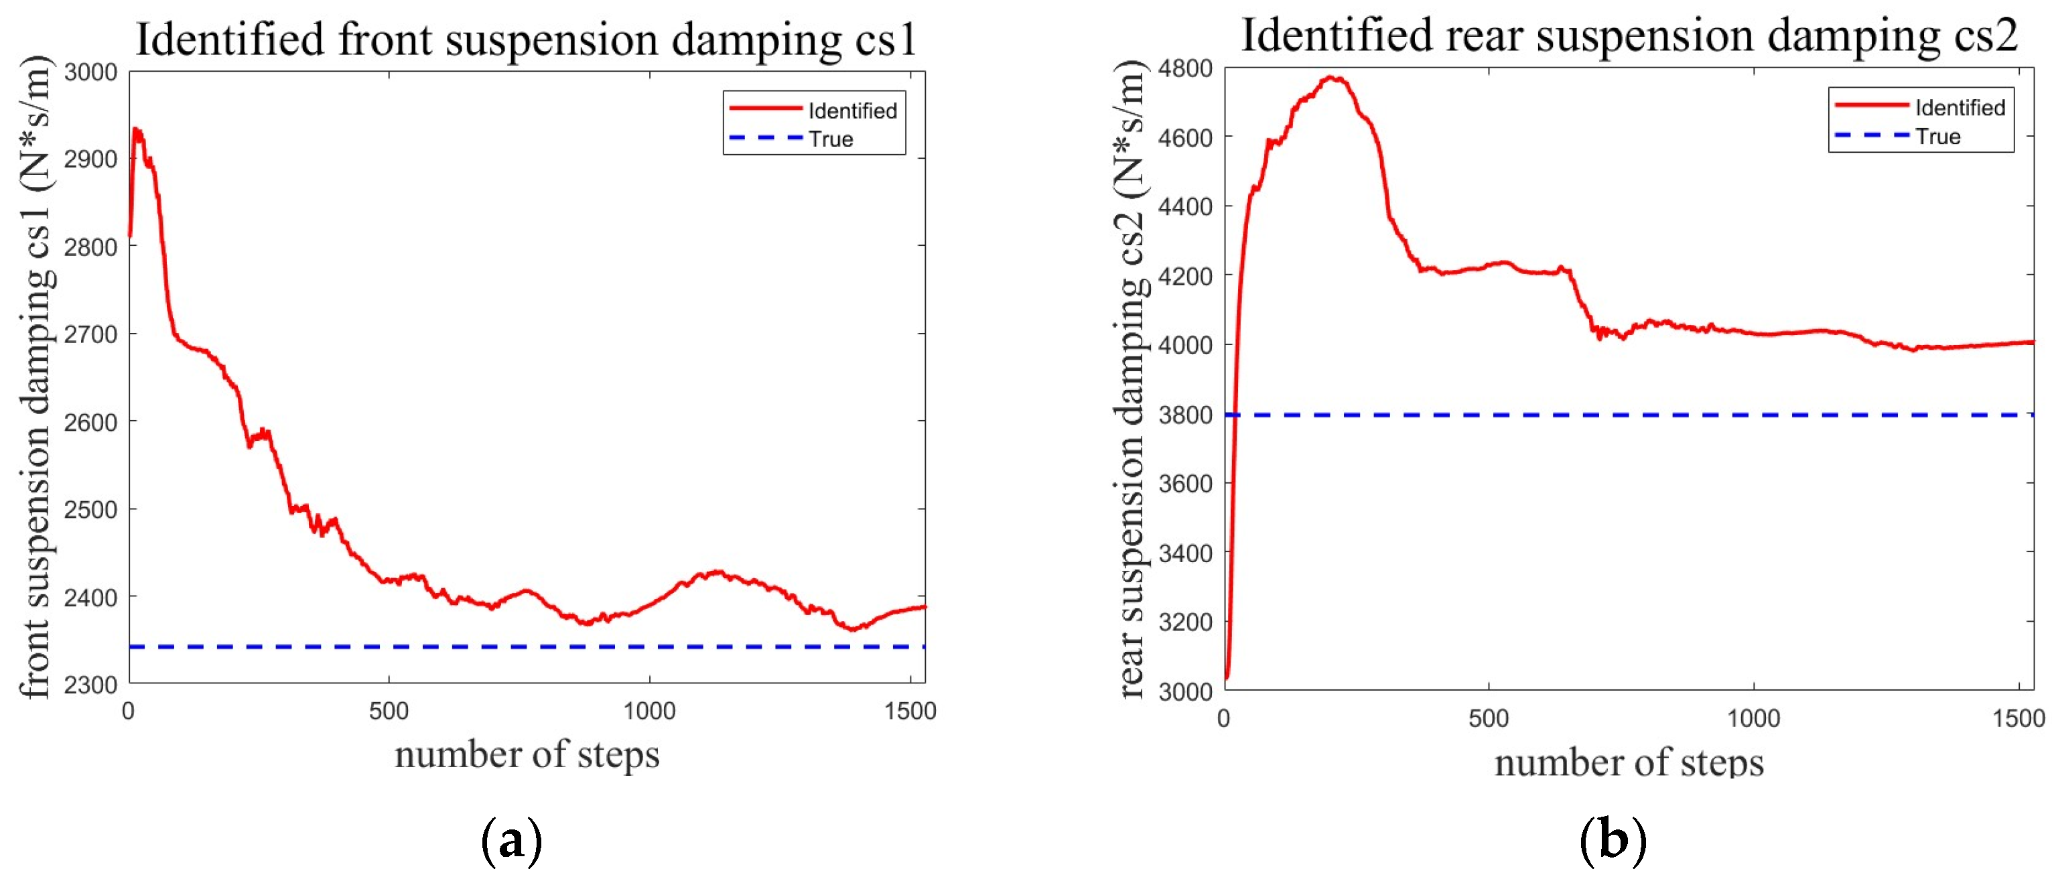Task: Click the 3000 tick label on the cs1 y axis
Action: click(x=90, y=72)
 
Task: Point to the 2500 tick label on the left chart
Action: click(x=90, y=509)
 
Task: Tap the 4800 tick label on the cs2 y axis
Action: click(x=1185, y=68)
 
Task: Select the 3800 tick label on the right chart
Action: click(x=1185, y=415)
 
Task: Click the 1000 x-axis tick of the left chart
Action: click(x=649, y=712)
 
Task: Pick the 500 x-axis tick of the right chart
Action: click(x=1488, y=719)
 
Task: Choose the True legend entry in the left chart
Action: click(x=831, y=139)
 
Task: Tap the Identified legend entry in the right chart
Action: click(x=1960, y=108)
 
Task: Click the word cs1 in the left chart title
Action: click(x=886, y=40)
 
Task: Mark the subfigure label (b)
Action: click(x=1613, y=841)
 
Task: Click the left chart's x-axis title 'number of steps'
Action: click(x=527, y=754)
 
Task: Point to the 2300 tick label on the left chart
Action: click(x=90, y=685)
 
